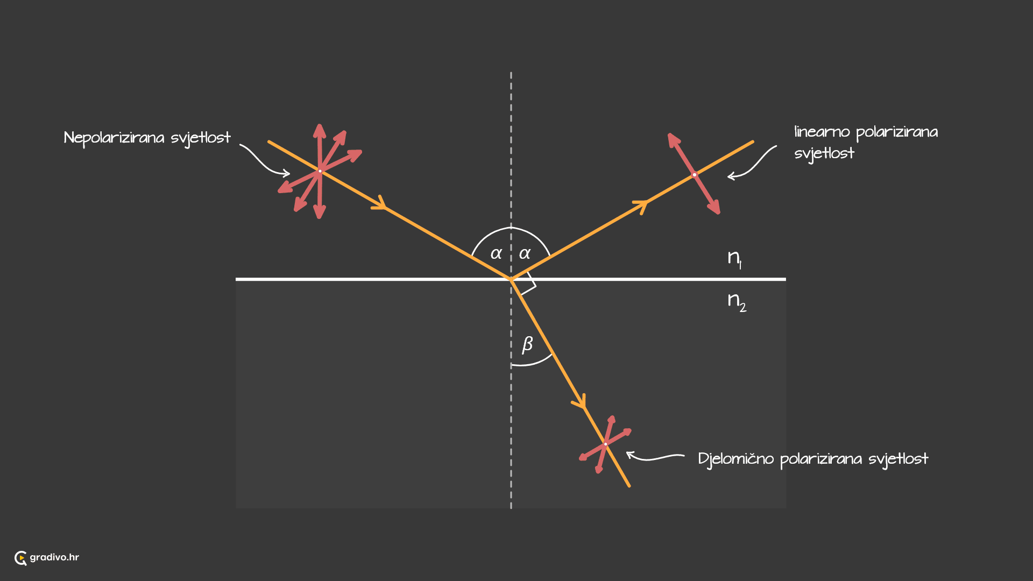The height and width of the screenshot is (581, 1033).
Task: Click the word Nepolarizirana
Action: [x=114, y=138]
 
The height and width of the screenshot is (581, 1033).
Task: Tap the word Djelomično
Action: [x=736, y=459]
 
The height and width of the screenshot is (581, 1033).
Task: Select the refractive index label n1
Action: [x=735, y=258]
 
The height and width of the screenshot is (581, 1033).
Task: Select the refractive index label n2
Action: [x=737, y=302]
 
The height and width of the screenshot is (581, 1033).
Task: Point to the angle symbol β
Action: [x=527, y=344]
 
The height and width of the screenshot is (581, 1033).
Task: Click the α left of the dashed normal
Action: [x=496, y=253]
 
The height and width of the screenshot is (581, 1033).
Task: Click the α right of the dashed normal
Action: [x=525, y=253]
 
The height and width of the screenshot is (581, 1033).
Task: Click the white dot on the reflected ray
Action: [x=695, y=175]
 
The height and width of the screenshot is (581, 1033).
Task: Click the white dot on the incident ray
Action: [x=320, y=171]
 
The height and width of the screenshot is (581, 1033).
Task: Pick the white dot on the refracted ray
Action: [x=605, y=444]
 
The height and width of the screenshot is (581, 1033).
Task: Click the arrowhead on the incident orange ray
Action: [x=380, y=203]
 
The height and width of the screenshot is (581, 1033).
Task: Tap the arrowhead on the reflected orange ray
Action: [x=641, y=206]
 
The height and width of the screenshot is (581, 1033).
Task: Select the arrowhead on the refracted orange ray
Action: [x=580, y=402]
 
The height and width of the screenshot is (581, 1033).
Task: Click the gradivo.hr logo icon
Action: [x=20, y=558]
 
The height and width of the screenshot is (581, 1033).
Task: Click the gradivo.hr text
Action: [x=54, y=557]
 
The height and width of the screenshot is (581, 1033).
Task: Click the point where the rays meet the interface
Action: [x=511, y=279]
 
